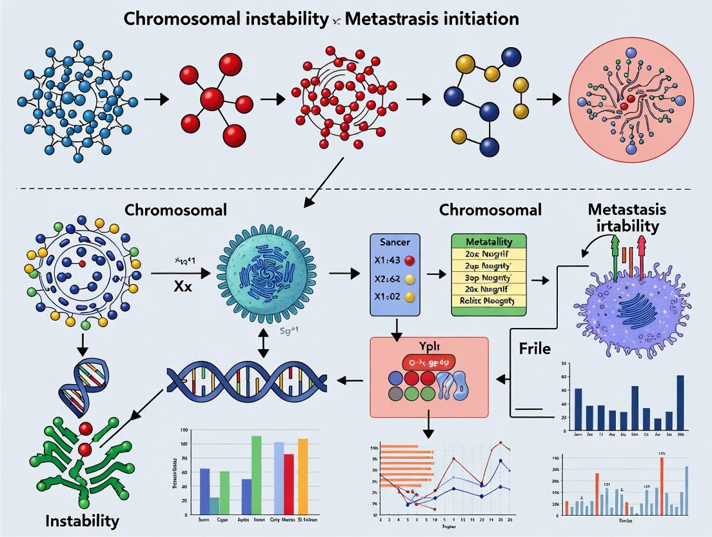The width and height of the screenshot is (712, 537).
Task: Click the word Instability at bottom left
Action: (x=83, y=520)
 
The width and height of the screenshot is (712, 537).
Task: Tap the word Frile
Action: (x=535, y=349)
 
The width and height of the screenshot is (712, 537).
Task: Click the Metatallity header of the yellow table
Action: (x=488, y=240)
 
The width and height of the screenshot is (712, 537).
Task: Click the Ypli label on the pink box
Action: (x=427, y=345)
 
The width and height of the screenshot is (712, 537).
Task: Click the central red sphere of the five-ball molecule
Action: (x=212, y=99)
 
